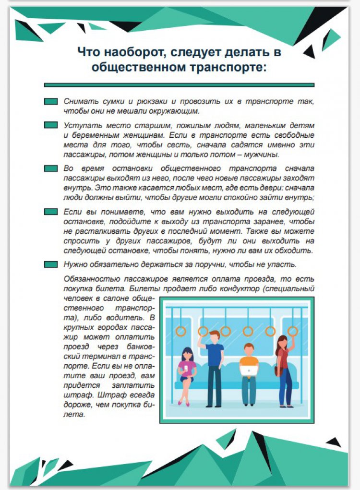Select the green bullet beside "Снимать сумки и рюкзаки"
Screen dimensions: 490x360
pos(51,102)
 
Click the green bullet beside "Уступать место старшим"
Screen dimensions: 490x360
pos(51,125)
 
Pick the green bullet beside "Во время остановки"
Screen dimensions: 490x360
pos(51,168)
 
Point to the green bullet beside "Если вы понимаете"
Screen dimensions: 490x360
pos(51,212)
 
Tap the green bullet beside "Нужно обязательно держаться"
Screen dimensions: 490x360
pos(51,264)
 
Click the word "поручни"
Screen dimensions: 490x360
pos(202,264)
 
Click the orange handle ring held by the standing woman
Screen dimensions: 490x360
pos(293,331)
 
